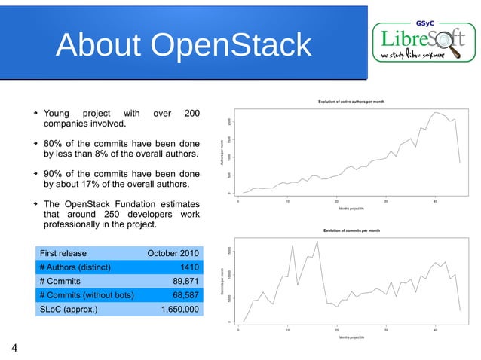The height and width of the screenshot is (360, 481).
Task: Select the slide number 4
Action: click(x=14, y=347)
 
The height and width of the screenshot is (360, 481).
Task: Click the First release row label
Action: click(x=63, y=253)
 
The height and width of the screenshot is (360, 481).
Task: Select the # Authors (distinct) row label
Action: click(x=75, y=267)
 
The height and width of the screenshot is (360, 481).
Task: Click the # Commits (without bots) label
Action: click(x=86, y=294)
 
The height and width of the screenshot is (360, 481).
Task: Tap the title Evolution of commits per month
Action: click(x=351, y=230)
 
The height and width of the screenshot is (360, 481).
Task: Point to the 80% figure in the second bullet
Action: click(x=54, y=144)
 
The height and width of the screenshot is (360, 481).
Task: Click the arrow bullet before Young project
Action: click(x=34, y=114)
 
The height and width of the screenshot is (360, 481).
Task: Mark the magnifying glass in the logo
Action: click(x=454, y=47)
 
